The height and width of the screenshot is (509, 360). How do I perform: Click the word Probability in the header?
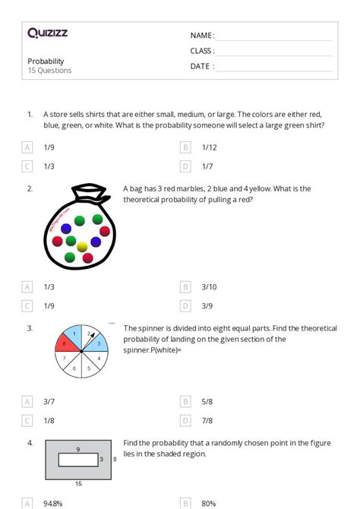[x=46, y=62]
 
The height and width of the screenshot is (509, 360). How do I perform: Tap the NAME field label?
[x=201, y=36]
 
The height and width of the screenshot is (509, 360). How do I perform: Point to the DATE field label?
[x=201, y=66]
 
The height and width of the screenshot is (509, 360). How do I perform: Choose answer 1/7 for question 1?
[x=207, y=166]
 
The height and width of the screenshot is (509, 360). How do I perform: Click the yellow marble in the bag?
[x=82, y=247]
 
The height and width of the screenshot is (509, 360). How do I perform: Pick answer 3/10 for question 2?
[x=209, y=286]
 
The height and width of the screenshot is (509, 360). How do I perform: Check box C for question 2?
[x=27, y=305]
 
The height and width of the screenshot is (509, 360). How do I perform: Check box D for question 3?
[x=185, y=420]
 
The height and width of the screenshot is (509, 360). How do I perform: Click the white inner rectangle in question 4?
[x=78, y=459]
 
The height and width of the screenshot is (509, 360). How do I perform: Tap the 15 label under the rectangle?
[x=78, y=482]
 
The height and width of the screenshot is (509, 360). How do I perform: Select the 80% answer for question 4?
[x=208, y=503]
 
